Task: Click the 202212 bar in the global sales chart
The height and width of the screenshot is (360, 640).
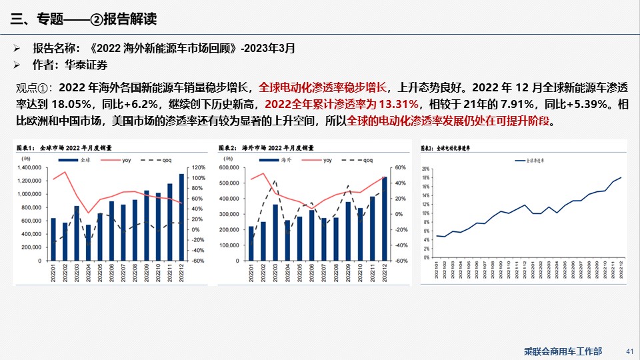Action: click(x=181, y=217)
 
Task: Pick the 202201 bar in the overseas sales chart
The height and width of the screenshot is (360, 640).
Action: click(x=251, y=243)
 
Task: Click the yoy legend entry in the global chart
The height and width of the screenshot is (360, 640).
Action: click(x=126, y=160)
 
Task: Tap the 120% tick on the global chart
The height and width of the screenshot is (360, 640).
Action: click(x=199, y=167)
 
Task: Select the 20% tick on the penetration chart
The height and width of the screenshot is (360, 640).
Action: click(x=425, y=169)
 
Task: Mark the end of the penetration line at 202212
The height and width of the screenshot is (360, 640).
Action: click(x=621, y=177)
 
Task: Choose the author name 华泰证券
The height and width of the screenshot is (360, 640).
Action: click(x=86, y=65)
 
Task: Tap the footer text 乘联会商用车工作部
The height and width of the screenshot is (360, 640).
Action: click(x=563, y=351)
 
